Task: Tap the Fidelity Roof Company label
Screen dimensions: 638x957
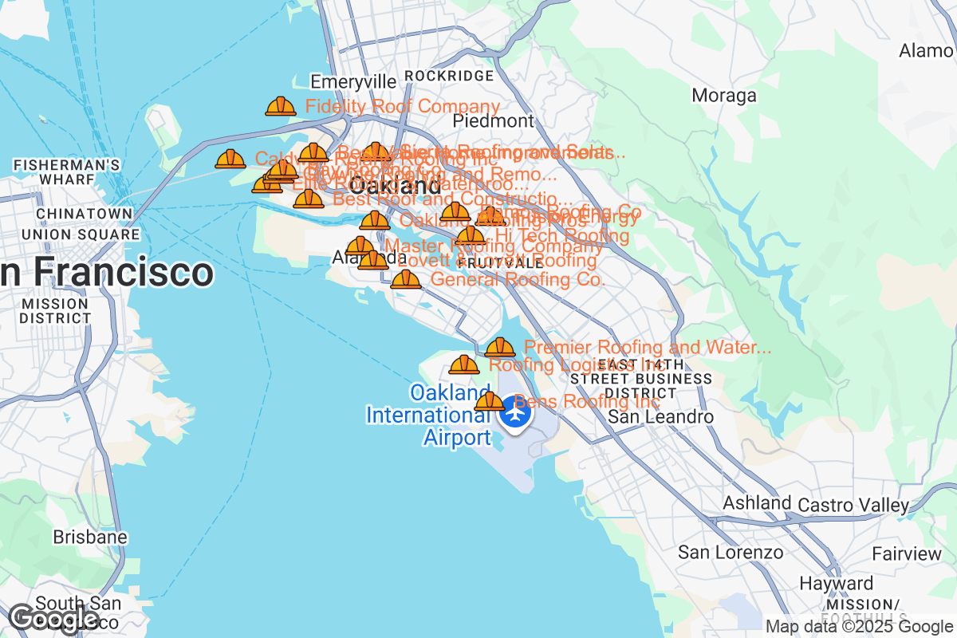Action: [403, 106]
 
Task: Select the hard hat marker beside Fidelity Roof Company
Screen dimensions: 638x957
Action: [281, 106]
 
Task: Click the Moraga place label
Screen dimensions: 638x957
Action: [724, 96]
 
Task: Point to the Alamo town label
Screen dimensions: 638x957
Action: [926, 50]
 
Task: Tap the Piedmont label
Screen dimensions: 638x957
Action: [493, 121]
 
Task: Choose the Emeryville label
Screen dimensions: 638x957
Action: [352, 82]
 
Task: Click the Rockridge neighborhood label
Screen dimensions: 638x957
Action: [449, 76]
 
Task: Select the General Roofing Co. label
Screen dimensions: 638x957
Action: [518, 279]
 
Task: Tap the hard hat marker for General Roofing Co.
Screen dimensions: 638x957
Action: [406, 279]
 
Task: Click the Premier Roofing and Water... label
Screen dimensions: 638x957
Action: [648, 348]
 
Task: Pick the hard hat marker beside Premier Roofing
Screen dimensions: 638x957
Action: [500, 348]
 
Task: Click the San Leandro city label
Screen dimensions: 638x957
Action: [660, 417]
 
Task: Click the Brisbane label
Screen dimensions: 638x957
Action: [90, 537]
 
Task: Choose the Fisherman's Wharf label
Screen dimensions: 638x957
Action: [67, 171]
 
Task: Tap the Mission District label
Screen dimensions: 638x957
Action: [56, 311]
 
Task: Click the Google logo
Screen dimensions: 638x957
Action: [54, 618]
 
